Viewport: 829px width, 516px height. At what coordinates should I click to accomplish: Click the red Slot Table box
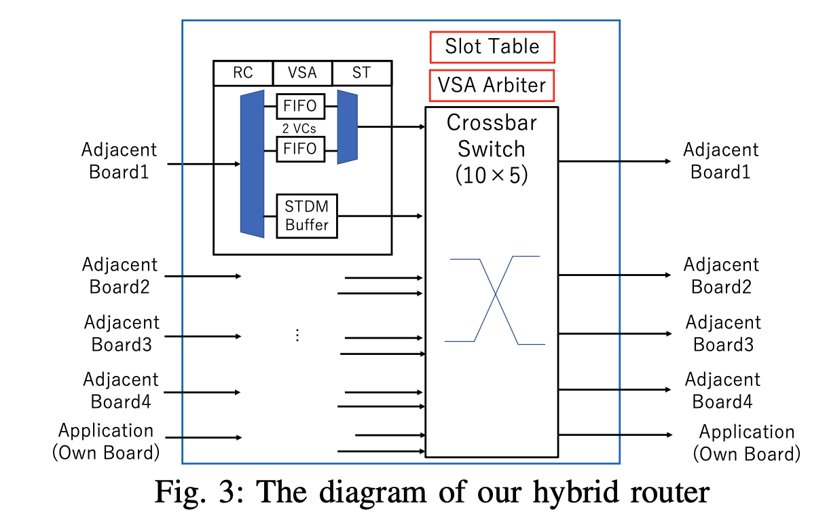tap(492, 47)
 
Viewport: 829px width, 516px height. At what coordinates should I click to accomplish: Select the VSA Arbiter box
tap(492, 85)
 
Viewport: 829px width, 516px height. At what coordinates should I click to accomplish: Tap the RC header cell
tap(243, 73)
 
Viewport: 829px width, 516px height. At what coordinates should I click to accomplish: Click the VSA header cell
tap(302, 73)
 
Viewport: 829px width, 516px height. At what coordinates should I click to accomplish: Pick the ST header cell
tap(362, 73)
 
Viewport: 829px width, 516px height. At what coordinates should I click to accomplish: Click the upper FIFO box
tap(301, 106)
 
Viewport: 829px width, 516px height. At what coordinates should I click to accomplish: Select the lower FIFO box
tap(301, 149)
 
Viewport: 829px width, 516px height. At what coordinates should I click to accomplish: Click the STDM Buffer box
tap(307, 216)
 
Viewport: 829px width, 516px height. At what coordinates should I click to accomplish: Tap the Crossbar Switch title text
tap(492, 135)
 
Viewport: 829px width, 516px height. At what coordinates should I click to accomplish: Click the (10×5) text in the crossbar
tap(492, 175)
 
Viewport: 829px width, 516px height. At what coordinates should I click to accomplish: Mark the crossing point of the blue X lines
tap(496, 294)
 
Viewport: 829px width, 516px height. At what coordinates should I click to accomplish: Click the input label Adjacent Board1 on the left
tap(119, 160)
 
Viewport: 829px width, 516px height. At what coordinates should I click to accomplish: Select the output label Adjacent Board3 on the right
tap(723, 333)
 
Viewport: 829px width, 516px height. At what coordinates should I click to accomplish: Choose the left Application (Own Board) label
tap(106, 441)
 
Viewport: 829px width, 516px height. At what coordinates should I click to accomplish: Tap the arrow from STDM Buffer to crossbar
tap(381, 216)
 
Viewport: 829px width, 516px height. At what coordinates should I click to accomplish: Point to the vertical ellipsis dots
tap(297, 334)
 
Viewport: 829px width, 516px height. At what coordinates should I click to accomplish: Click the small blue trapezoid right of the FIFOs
tap(347, 126)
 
